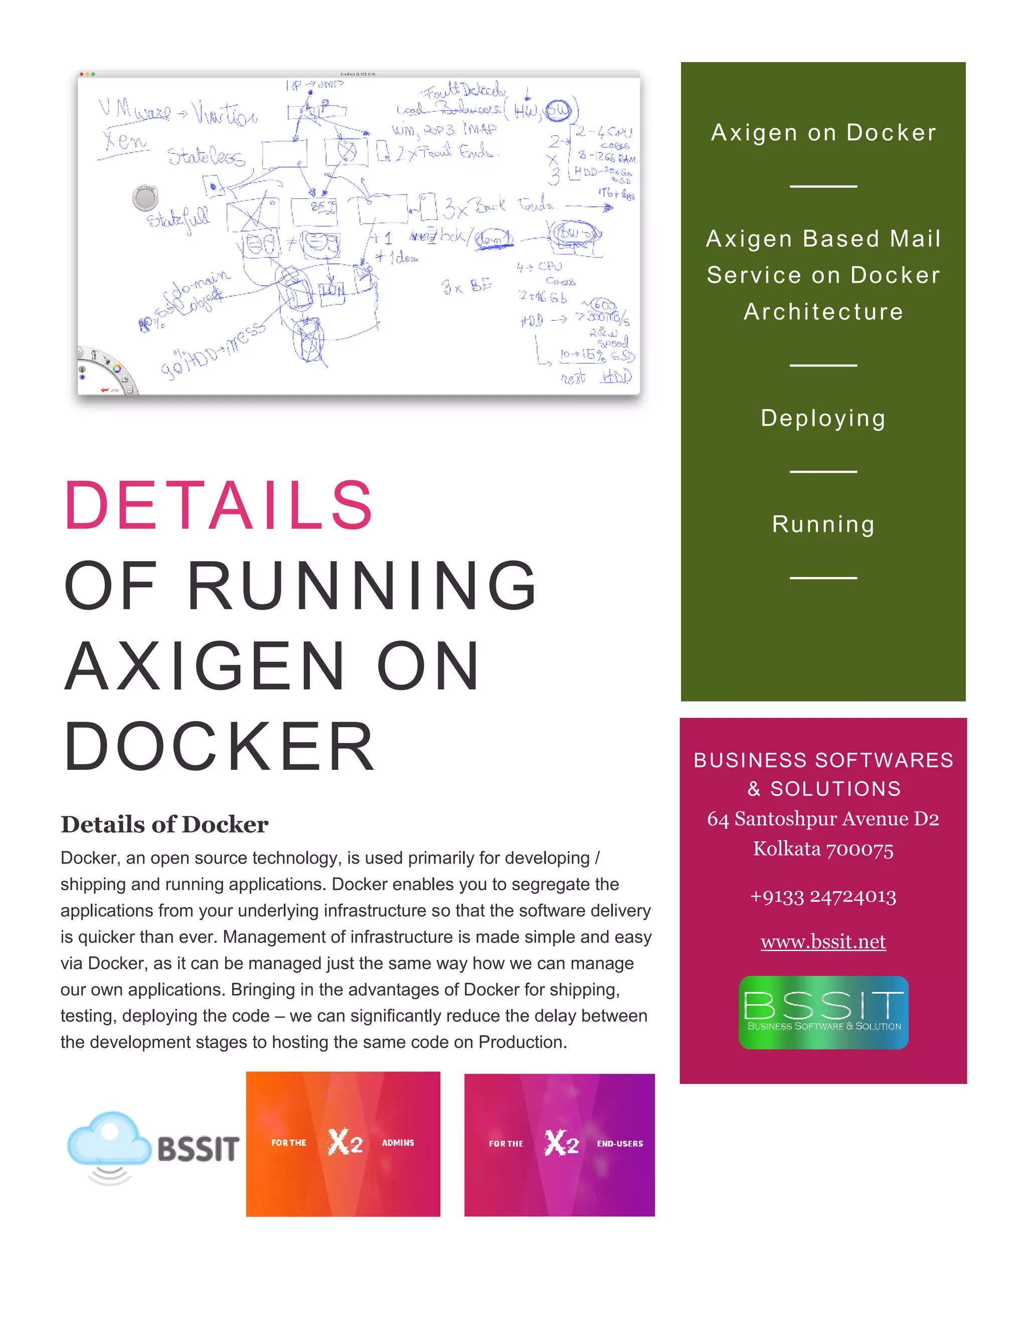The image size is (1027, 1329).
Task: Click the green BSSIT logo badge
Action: (823, 1012)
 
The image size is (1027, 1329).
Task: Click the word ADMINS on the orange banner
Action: (398, 1143)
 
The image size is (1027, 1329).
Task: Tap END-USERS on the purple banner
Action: (619, 1143)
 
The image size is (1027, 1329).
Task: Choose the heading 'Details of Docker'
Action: (164, 824)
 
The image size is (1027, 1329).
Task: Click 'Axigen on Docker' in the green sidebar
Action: (823, 133)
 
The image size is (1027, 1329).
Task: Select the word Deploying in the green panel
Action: (823, 418)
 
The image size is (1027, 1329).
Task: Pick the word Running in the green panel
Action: (823, 524)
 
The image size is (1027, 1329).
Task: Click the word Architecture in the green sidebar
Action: (823, 311)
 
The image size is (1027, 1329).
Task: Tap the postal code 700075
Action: (859, 849)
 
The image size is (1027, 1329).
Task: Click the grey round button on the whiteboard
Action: (145, 198)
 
